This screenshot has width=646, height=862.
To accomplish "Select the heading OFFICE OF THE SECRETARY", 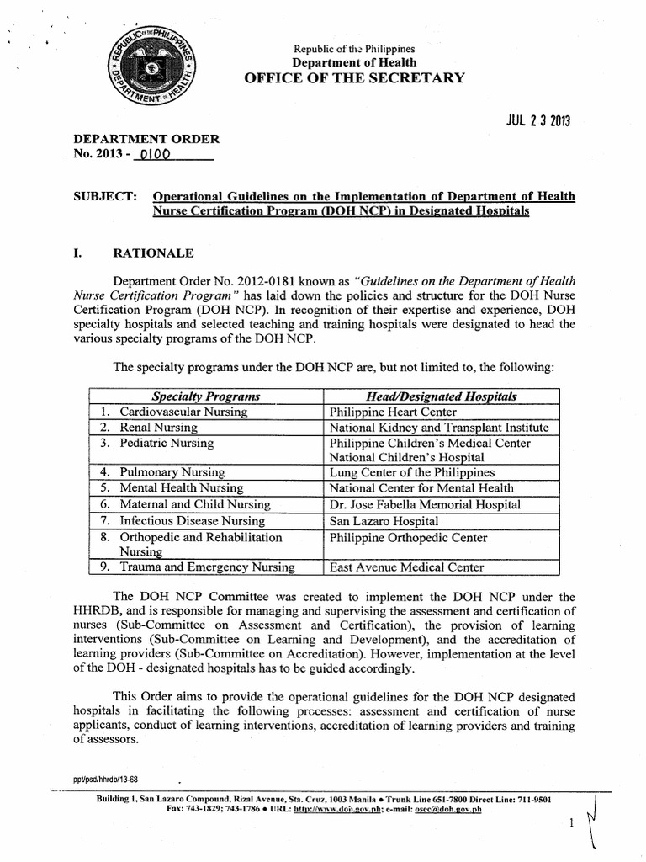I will point(354,78).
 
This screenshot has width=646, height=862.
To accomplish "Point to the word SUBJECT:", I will point(106,196).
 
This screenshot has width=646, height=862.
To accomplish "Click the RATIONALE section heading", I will point(160,253).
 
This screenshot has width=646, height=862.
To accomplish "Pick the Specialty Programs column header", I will point(205,396).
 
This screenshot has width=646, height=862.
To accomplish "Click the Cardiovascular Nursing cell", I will point(183,412).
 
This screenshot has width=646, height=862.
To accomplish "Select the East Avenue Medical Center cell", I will point(406,567).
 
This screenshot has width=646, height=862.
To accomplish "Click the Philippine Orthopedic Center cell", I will point(408,537).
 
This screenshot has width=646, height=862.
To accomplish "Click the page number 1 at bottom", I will point(571,823).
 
